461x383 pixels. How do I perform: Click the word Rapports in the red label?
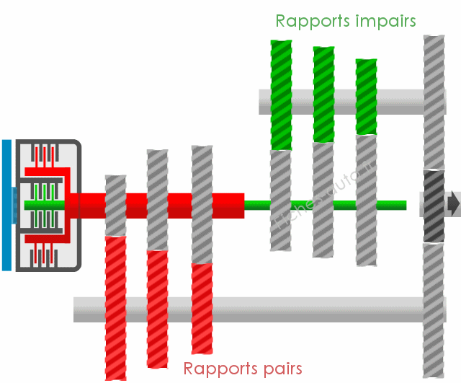pyautogui.click(x=218, y=369)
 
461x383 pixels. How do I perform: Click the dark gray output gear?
pyautogui.click(x=434, y=206)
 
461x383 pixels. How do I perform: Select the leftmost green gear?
pyautogui.click(x=281, y=94)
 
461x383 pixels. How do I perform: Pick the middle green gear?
pyautogui.click(x=323, y=94)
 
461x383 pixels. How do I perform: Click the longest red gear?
pyautogui.click(x=116, y=307)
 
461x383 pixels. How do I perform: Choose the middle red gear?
pyautogui.click(x=158, y=308)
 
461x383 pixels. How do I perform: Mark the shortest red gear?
pyautogui.click(x=202, y=308)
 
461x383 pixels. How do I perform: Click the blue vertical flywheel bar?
pyautogui.click(x=6, y=205)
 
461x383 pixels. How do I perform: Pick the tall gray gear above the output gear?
pyautogui.click(x=433, y=101)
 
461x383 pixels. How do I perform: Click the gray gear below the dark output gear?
pyautogui.click(x=434, y=310)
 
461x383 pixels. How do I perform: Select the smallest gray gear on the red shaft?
pyautogui.click(x=115, y=206)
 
